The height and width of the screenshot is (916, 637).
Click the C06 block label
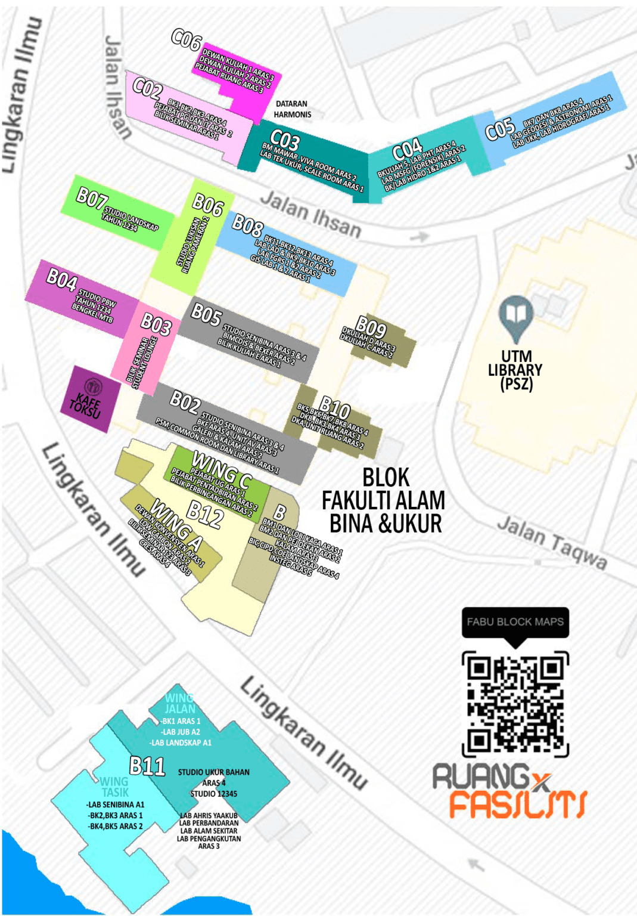tap(187, 40)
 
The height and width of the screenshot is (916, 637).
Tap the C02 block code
tap(147, 89)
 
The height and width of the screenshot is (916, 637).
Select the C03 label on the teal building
tap(285, 141)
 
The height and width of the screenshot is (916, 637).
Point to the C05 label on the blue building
tap(499, 129)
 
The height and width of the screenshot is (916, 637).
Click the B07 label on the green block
tap(91, 198)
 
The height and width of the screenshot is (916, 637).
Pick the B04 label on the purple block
tap(62, 278)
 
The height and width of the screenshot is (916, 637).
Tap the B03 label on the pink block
tap(156, 324)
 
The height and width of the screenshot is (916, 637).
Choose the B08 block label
tap(247, 226)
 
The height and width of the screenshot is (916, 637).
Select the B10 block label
tap(335, 409)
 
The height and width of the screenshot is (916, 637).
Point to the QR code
tap(515, 704)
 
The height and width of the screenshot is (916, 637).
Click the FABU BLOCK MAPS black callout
tap(515, 623)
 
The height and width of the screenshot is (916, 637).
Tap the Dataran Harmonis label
tap(292, 109)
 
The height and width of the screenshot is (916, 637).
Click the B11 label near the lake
tap(147, 766)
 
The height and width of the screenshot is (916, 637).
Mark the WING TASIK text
tap(114, 787)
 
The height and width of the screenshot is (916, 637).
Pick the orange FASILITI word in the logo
tap(517, 804)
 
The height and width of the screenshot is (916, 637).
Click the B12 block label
tap(205, 513)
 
